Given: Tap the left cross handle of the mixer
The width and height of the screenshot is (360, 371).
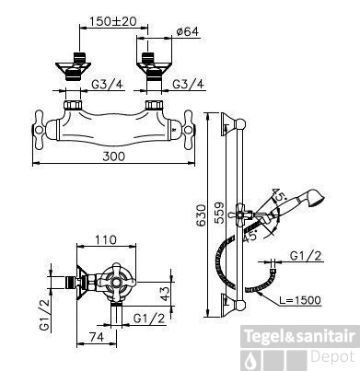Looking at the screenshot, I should click(x=44, y=124).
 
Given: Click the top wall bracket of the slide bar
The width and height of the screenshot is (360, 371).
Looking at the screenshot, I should click(x=237, y=122).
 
